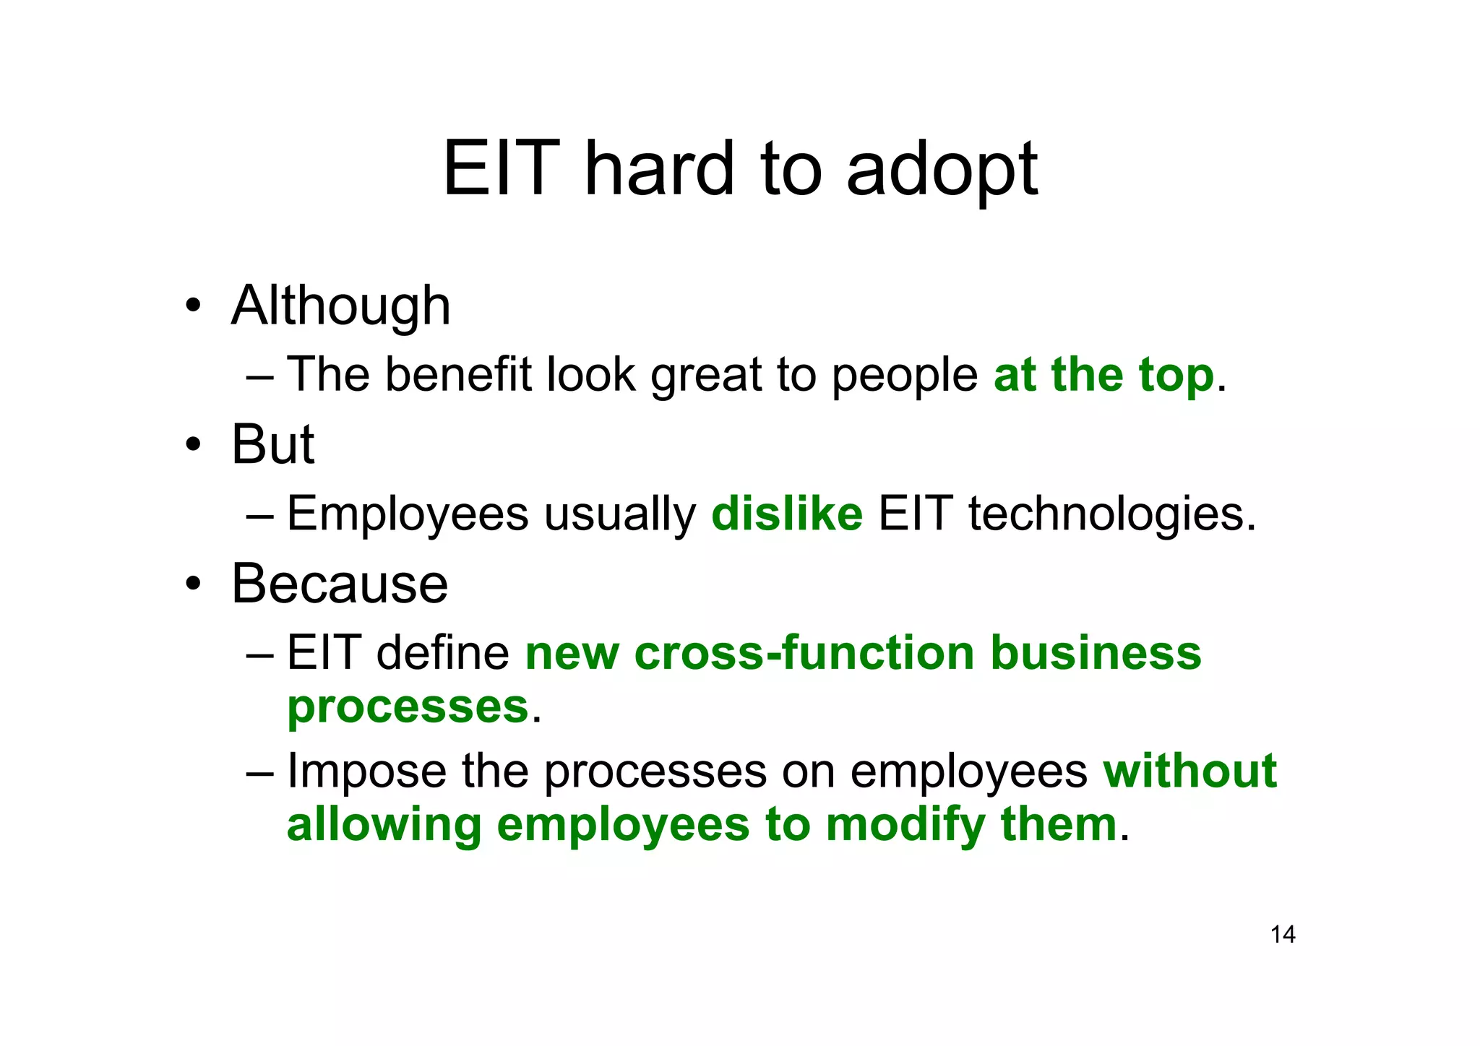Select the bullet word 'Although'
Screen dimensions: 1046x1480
(x=341, y=306)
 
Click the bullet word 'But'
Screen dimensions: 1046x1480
(x=272, y=444)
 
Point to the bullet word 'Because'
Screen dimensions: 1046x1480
(x=340, y=583)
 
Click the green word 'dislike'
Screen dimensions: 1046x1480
(x=787, y=514)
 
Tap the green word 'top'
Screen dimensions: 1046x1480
(x=1176, y=376)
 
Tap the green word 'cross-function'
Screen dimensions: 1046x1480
(x=804, y=652)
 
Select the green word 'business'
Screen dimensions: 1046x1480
(x=1096, y=652)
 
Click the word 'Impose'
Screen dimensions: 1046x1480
(x=366, y=771)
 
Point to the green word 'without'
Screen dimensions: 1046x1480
(x=1189, y=770)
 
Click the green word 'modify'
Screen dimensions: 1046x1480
(x=905, y=825)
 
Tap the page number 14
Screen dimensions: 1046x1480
(x=1283, y=935)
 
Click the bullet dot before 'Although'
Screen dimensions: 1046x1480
(x=192, y=306)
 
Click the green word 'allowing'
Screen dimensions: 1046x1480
(x=384, y=825)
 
